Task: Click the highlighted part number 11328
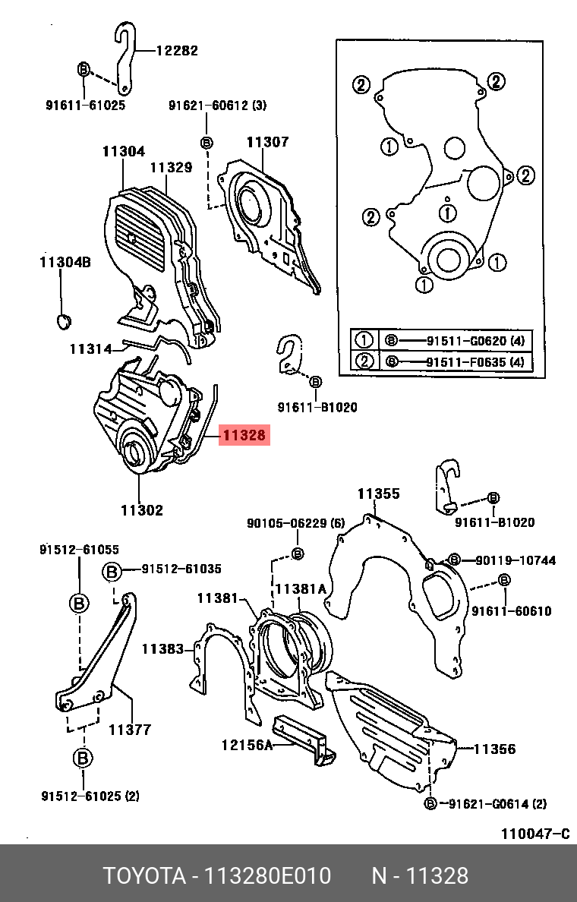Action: [244, 436]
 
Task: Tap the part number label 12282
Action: [177, 51]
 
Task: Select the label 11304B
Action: [65, 263]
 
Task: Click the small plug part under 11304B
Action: [64, 321]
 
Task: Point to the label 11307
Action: [267, 142]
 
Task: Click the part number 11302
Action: [141, 510]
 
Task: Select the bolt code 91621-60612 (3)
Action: [217, 106]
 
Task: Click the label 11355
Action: [378, 494]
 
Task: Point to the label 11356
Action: [494, 749]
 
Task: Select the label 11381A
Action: [300, 588]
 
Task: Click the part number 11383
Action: [162, 648]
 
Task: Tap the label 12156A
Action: [246, 745]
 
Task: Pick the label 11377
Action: [130, 730]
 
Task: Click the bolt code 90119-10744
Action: [516, 560]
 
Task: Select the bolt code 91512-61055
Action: [79, 549]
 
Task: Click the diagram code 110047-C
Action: [534, 834]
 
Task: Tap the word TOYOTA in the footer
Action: [144, 875]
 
